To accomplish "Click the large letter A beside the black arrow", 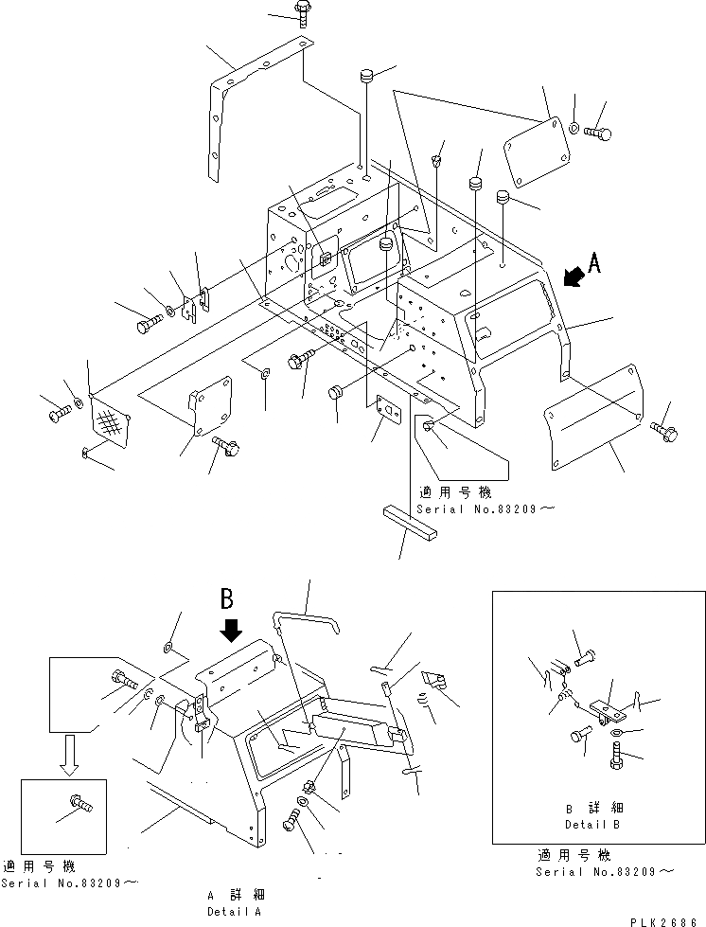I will [x=594, y=265].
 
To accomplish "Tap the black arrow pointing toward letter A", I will [x=571, y=276].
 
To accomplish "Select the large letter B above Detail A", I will [x=227, y=598].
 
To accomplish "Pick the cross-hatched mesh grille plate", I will [x=107, y=424].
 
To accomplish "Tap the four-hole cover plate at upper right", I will [x=537, y=156].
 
